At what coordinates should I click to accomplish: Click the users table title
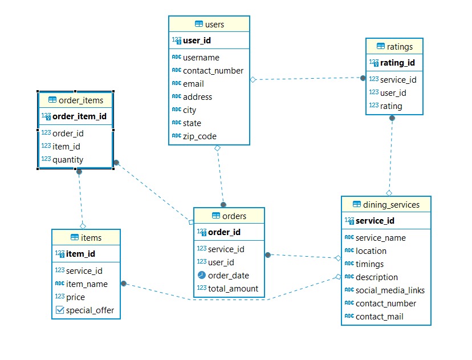[x=214, y=24]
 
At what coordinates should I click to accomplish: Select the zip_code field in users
[x=200, y=136]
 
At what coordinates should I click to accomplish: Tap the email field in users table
[x=193, y=83]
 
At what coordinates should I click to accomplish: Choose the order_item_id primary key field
[x=79, y=116]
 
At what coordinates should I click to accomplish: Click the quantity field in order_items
[x=68, y=160]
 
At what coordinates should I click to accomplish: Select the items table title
[x=91, y=238]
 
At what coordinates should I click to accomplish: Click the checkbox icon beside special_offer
[x=60, y=310]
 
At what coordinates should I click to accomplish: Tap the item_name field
[x=87, y=284]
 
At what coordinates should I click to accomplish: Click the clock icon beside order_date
[x=201, y=276]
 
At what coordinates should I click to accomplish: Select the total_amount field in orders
[x=233, y=289]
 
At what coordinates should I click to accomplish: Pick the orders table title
[x=234, y=216]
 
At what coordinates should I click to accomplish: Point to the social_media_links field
[x=390, y=290]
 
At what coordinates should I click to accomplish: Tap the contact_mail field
[x=380, y=317]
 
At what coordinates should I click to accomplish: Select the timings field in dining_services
[x=369, y=264]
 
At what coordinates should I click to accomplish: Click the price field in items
[x=75, y=297]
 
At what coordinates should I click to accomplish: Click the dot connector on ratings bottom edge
[x=392, y=118]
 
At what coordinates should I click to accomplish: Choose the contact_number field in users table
[x=213, y=71]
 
